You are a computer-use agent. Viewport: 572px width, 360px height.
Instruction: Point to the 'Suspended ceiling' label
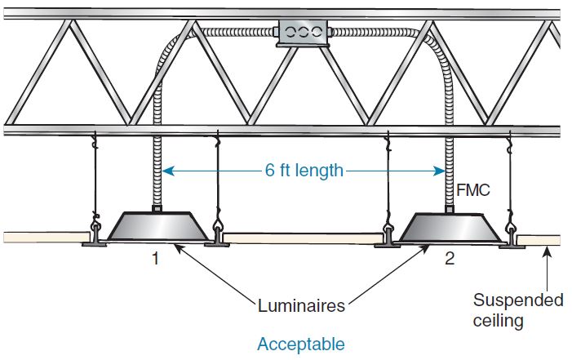(517, 309)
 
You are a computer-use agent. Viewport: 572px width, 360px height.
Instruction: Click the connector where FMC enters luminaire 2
(450, 210)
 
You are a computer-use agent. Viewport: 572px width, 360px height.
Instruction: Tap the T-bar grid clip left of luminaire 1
(95, 238)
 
